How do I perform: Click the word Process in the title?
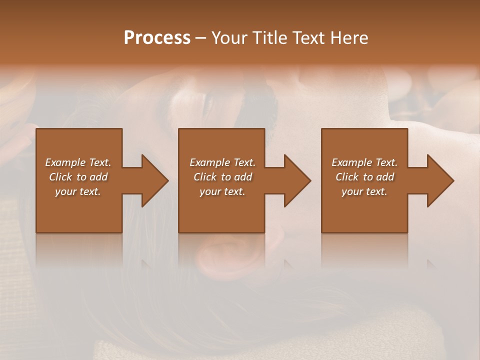coord(157,38)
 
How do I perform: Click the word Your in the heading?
coord(230,38)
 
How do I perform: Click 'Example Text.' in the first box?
coord(78,162)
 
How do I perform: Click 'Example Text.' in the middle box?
coord(222,162)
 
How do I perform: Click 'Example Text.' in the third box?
coord(364,162)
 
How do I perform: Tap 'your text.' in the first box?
coord(78,191)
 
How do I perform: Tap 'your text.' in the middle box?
coord(222,191)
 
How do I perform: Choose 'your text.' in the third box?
coord(364,191)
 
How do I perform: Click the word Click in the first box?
coord(61,177)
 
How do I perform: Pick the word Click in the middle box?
coord(205,177)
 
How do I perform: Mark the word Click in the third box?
coord(347,177)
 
